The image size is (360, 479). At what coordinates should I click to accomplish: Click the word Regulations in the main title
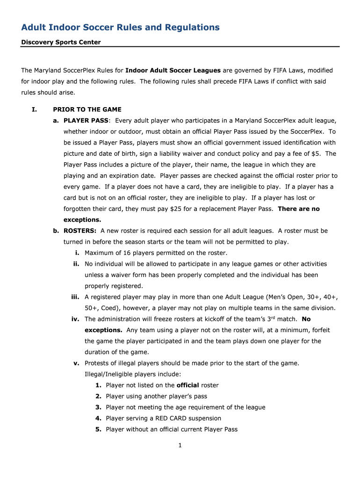(x=192, y=28)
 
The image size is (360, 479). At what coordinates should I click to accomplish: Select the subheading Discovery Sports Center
(x=61, y=42)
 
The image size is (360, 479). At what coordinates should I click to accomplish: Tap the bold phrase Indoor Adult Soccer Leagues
(x=173, y=71)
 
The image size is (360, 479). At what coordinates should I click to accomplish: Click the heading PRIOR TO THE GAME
(x=87, y=109)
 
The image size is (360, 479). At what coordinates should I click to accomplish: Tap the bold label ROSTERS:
(x=80, y=231)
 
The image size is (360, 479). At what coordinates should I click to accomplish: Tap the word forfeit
(x=320, y=330)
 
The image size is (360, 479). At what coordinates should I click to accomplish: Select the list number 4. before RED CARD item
(x=98, y=418)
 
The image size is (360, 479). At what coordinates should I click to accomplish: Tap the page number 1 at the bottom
(x=180, y=445)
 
